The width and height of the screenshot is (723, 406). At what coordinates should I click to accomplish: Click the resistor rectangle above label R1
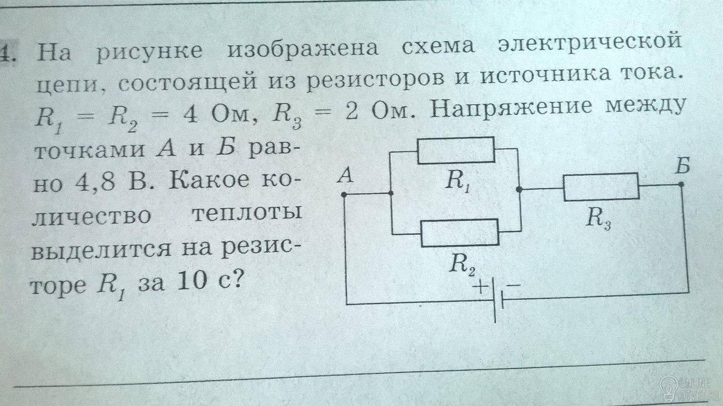456,150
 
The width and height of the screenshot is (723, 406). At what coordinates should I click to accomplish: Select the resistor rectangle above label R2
460,233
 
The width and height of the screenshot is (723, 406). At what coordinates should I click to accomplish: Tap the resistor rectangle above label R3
602,187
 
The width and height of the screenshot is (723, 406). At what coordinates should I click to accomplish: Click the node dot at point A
344,195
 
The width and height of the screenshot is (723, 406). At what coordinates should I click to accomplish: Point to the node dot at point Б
681,184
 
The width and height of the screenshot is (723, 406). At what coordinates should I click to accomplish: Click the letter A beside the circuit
345,176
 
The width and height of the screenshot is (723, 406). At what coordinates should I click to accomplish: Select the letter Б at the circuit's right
682,166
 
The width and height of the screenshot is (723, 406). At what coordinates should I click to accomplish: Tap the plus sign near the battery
481,286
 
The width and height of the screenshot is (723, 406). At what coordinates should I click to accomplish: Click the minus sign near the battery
513,285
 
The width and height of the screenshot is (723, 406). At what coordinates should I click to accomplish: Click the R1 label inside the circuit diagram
458,181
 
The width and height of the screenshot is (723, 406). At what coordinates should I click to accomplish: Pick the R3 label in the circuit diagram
599,219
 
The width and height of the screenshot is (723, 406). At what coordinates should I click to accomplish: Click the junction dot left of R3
519,189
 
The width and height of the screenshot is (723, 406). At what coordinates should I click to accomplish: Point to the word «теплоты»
247,215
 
